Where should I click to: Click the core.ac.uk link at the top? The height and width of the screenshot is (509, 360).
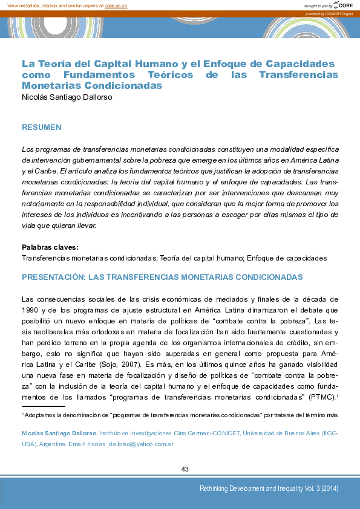(116, 5)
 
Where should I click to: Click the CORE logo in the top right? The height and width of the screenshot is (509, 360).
(344, 5)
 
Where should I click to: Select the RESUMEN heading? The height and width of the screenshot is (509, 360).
(42, 128)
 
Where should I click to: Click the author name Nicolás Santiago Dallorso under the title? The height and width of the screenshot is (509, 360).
(67, 97)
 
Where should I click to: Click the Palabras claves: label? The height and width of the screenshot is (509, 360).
(50, 247)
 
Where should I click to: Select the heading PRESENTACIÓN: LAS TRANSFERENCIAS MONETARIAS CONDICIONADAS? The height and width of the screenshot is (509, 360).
(162, 277)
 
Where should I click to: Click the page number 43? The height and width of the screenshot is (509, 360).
(185, 470)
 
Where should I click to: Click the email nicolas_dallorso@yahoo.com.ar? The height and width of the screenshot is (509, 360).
(130, 444)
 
